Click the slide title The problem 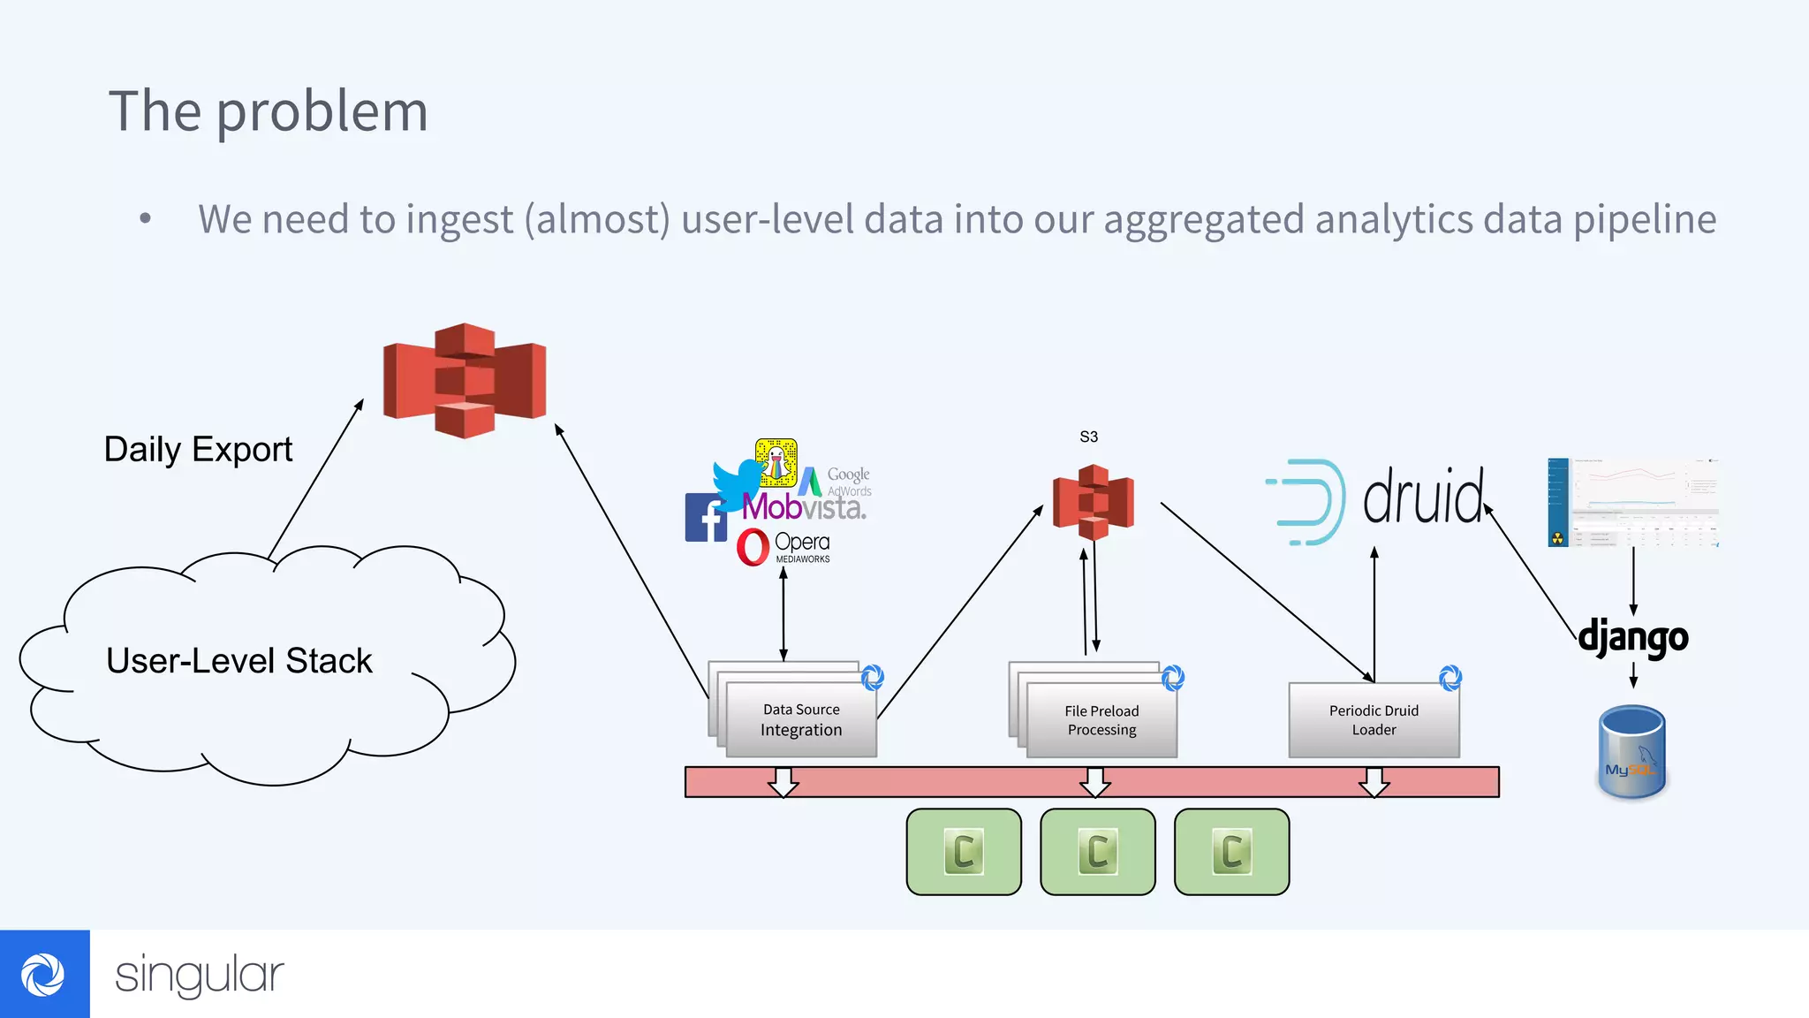coord(268,112)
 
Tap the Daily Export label coord(198,450)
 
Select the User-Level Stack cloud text coord(238,661)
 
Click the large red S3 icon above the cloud coord(465,380)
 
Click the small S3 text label coord(1088,437)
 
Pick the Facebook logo coord(705,518)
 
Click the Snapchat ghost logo coord(776,462)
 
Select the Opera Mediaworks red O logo coord(753,547)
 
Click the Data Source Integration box coord(801,719)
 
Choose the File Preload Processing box coord(1101,720)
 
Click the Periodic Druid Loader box coord(1374,719)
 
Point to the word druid coord(1423,498)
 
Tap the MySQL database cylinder coord(1631,752)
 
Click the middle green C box coord(1097,852)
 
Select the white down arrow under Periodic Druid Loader coord(1374,782)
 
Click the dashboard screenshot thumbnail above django coord(1632,502)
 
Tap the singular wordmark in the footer coord(199,976)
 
